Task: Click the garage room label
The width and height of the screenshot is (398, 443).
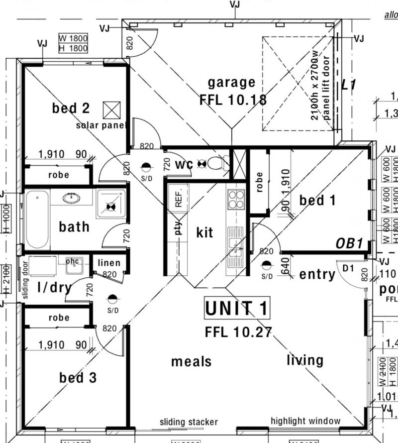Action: point(231,83)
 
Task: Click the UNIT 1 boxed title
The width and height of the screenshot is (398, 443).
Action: point(237,309)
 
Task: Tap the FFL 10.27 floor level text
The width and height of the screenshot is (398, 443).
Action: point(238,332)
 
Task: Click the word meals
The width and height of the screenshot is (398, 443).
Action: point(192,361)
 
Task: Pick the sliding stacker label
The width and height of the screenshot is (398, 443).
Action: point(189,422)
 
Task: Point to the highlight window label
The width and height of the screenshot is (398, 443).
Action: point(305,421)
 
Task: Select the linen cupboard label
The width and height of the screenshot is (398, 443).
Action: point(109,263)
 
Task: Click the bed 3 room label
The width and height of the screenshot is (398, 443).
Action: point(78,378)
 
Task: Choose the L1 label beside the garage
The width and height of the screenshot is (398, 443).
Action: point(349,85)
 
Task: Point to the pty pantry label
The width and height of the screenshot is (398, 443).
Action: point(179,227)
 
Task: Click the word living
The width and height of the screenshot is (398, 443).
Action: point(305,360)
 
